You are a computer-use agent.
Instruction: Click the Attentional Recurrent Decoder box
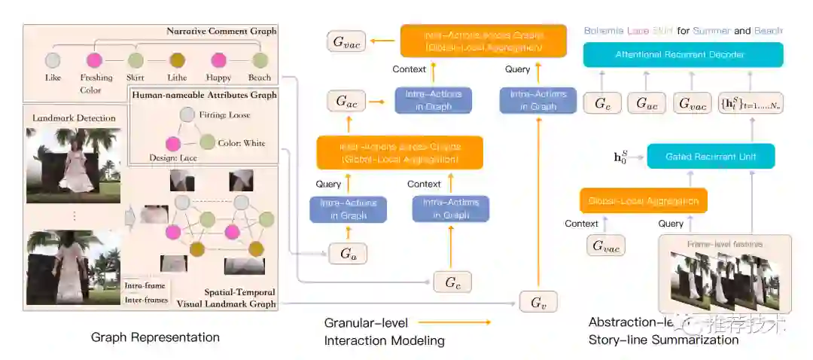683,55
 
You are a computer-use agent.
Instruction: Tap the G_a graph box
347,254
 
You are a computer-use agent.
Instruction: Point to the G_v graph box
538,303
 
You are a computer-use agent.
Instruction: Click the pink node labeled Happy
218,60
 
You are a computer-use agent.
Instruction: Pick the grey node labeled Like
53,60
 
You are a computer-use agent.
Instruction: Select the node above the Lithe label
178,60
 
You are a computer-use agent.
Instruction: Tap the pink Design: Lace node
172,143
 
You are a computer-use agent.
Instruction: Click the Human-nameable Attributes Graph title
203,96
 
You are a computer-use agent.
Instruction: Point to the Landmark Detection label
74,117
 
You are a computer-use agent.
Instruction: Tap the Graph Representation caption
155,337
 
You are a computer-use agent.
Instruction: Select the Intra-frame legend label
146,285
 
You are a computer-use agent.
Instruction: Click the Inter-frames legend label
147,300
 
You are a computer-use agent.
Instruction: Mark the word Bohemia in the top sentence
604,31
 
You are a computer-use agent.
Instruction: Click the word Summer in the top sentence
711,31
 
